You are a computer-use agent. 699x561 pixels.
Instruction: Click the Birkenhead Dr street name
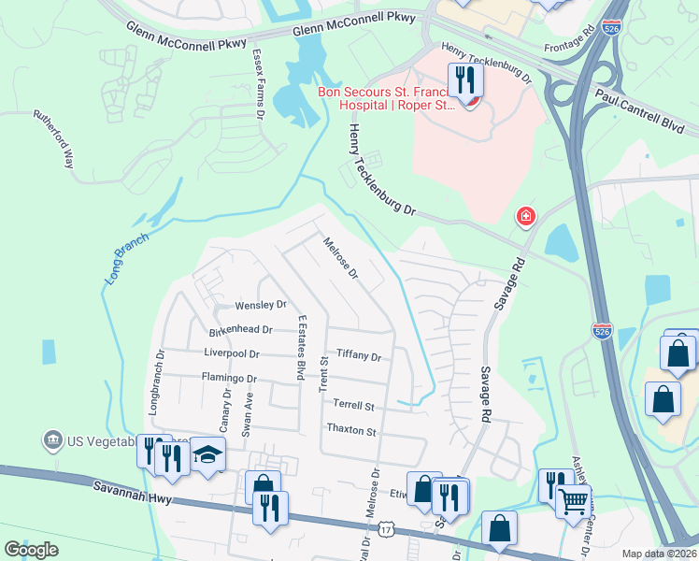point(240,330)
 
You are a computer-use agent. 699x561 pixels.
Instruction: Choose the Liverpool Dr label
point(231,353)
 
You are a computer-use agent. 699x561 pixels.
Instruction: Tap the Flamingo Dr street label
point(229,378)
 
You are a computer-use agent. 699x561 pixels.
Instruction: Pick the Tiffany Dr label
point(359,356)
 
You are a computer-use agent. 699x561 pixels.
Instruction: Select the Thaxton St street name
point(350,431)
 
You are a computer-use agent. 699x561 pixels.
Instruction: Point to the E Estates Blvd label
point(301,348)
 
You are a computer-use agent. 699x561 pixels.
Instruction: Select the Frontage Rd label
point(569,44)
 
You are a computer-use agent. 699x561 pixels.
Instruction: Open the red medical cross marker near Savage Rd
point(526,217)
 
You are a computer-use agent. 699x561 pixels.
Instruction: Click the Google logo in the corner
point(31,549)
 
